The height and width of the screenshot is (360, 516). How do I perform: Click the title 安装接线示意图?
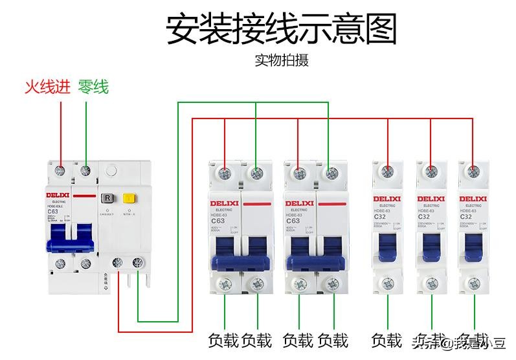(282, 29)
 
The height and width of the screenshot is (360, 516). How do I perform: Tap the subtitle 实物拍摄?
(282, 61)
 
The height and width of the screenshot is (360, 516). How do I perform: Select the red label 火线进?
(47, 87)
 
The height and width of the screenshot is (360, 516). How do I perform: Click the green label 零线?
(93, 87)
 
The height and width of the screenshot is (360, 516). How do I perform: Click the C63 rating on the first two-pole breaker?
(218, 220)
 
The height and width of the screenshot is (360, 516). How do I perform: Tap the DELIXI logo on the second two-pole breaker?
(299, 203)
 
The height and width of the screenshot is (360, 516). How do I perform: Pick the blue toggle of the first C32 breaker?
(387, 246)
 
